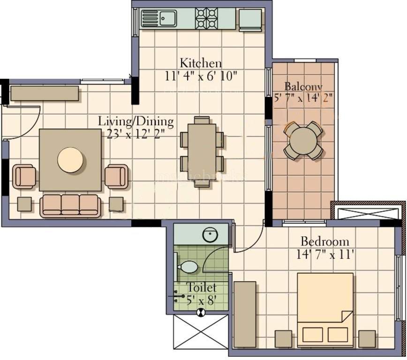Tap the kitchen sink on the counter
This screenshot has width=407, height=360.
pos(163,19)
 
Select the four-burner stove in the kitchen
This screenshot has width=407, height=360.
pos(207,19)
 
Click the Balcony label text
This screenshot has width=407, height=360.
pos(303,87)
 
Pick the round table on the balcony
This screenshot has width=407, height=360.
pos(303,140)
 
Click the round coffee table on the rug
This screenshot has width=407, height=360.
pos(71,160)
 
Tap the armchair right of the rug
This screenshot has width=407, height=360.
pos(116,176)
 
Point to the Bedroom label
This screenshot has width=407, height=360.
pos(324,242)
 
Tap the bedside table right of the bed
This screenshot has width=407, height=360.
pos(367,338)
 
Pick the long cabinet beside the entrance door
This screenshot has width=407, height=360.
pos(45,93)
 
